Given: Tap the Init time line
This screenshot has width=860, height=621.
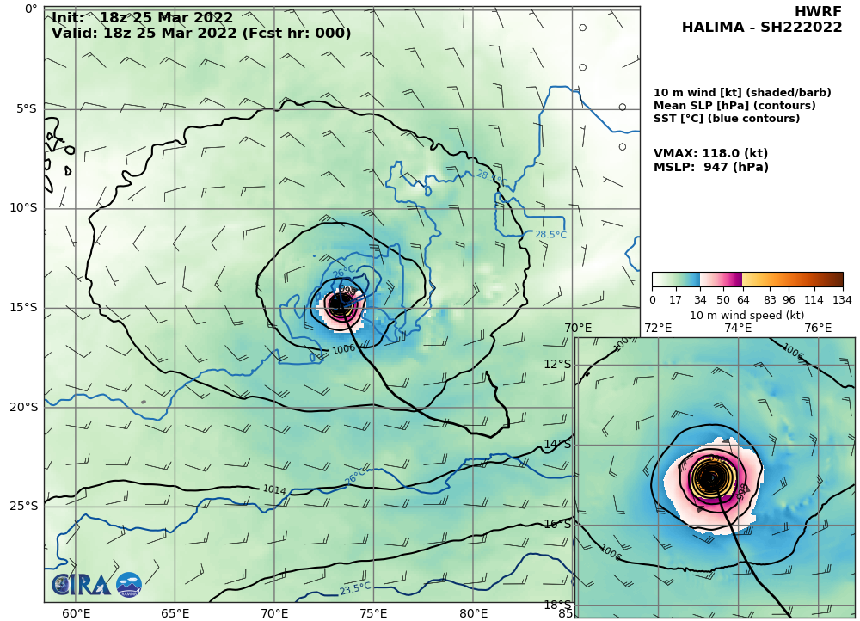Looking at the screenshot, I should tap(142, 17).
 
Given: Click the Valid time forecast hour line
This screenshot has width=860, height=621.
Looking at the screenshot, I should tap(201, 34).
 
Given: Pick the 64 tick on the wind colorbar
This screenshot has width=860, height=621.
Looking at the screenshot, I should tap(742, 299).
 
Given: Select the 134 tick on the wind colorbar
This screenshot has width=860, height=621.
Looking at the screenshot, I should tap(842, 299).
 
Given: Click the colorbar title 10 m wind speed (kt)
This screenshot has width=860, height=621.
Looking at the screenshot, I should tap(746, 315).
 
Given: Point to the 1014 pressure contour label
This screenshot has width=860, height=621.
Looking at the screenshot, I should tap(273, 490).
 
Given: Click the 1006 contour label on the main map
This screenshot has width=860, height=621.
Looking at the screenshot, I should tap(342, 350).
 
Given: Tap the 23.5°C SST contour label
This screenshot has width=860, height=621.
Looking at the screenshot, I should tap(354, 589).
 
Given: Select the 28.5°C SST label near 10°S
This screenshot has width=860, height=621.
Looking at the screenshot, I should tap(550, 234).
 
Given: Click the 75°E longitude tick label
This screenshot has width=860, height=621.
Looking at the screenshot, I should tap(373, 613).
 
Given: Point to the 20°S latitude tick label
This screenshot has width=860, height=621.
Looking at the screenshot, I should tap(23, 407).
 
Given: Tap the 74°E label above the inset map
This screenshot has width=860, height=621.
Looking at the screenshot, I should tap(738, 328).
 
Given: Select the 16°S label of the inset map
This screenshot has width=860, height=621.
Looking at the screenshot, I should tap(557, 524).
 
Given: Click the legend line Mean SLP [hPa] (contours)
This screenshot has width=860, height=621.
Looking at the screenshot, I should tap(734, 106).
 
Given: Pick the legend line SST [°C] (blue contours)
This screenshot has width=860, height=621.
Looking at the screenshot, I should tap(727, 119).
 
